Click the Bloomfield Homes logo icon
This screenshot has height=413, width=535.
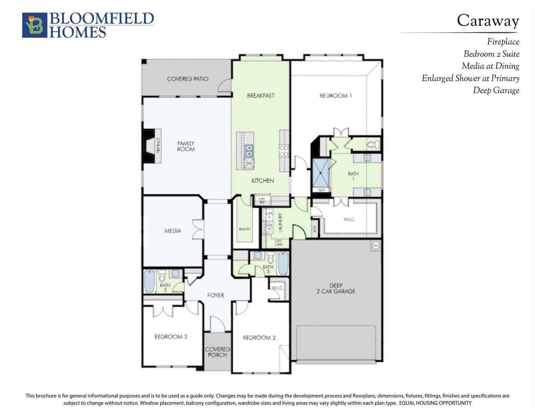pyautogui.click(x=35, y=25)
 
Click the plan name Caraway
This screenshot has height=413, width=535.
pyautogui.click(x=488, y=21)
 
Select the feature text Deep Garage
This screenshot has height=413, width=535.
pyautogui.click(x=496, y=90)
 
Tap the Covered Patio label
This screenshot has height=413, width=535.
pyautogui.click(x=187, y=79)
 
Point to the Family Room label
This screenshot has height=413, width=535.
pyautogui.click(x=186, y=146)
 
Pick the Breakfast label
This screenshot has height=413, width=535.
pyautogui.click(x=261, y=96)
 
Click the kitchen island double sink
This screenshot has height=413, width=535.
pyautogui.click(x=249, y=151)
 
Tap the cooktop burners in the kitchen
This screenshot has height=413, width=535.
pyautogui.click(x=284, y=151)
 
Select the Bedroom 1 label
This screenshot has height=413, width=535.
pyautogui.click(x=336, y=96)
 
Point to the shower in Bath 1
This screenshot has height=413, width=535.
pyautogui.click(x=321, y=173)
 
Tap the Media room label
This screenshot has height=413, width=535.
pyautogui.click(x=172, y=231)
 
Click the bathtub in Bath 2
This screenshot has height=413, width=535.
pyautogui.click(x=149, y=281)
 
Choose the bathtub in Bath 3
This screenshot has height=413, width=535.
pyautogui.click(x=283, y=263)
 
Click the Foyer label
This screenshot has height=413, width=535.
pyautogui.click(x=216, y=295)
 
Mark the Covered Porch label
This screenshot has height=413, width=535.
pyautogui.click(x=217, y=352)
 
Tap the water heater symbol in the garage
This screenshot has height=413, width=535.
pyautogui.click(x=376, y=246)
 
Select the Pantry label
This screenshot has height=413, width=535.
pyautogui.click(x=245, y=229)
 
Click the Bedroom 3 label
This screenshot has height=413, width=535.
pyautogui.click(x=171, y=337)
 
